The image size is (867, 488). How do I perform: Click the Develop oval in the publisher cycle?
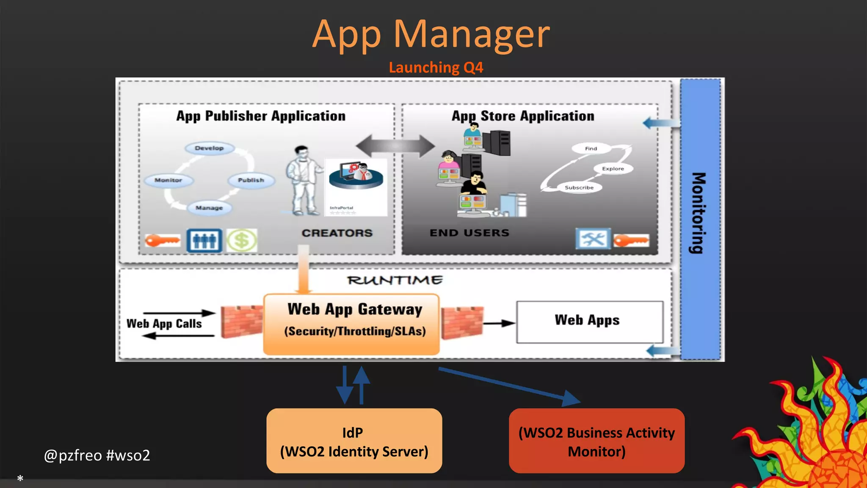[x=209, y=148]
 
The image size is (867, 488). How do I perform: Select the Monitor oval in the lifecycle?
[x=168, y=180]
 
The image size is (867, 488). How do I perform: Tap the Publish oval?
[x=251, y=180]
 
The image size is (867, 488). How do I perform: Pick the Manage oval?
[x=209, y=208]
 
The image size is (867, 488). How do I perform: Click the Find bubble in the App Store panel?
[x=591, y=149]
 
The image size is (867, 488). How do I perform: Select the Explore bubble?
[x=613, y=169]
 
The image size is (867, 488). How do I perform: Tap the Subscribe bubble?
[x=579, y=188]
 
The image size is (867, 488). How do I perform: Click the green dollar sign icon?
[x=241, y=241]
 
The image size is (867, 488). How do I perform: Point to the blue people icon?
[x=204, y=241]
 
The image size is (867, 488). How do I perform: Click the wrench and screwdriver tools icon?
[x=593, y=239]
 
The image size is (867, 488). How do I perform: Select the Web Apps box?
[x=589, y=322]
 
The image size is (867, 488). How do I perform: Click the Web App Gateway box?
[x=351, y=324]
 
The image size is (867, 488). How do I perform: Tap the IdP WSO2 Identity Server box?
[x=354, y=441]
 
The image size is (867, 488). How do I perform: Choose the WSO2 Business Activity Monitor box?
[x=596, y=441]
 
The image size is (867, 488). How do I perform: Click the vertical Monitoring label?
[x=699, y=213]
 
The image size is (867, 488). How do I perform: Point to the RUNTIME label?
[x=395, y=280]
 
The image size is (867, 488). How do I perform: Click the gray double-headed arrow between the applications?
[x=395, y=146]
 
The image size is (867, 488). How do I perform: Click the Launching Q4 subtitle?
[x=436, y=68]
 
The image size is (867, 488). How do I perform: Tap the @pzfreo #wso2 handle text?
[x=97, y=455]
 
